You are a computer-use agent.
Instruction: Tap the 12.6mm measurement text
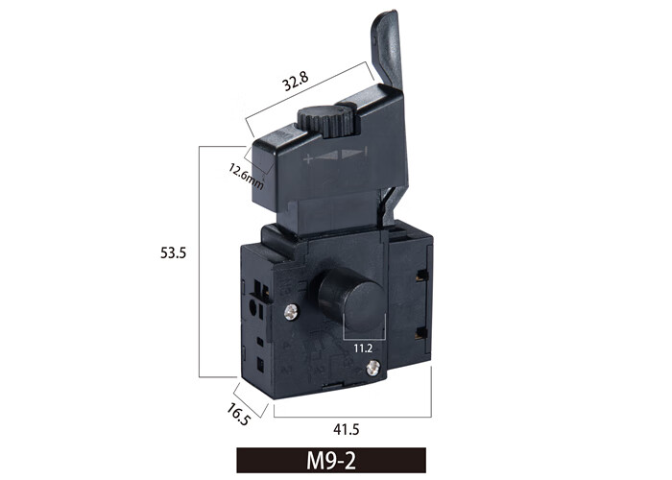246,176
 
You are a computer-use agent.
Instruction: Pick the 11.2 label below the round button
363,350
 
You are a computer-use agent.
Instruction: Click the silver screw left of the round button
292,310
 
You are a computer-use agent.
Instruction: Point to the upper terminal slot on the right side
421,276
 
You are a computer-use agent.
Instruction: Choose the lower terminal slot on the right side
421,332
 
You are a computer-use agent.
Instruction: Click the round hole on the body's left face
254,308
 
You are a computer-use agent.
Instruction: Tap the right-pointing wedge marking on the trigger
353,154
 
